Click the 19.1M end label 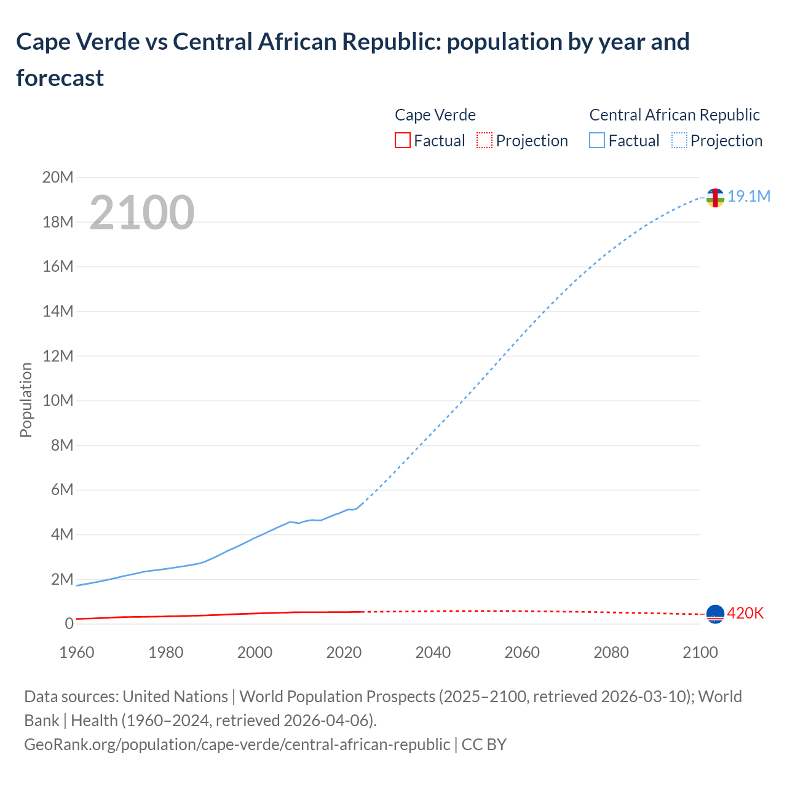point(748,197)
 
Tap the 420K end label point(745,614)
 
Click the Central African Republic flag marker point(715,198)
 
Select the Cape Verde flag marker point(715,614)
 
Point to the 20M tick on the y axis point(58,178)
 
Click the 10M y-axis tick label point(58,401)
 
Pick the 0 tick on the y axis point(69,624)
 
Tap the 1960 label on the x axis point(77,652)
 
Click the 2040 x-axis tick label point(433,652)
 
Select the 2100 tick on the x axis point(700,652)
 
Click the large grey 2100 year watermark point(142,213)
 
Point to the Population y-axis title point(26,400)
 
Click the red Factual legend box point(402,141)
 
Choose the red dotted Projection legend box point(484,141)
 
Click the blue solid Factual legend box point(596,141)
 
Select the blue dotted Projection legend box point(679,141)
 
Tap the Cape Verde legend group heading point(435,115)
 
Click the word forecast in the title point(60,78)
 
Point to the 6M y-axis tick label point(61,490)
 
